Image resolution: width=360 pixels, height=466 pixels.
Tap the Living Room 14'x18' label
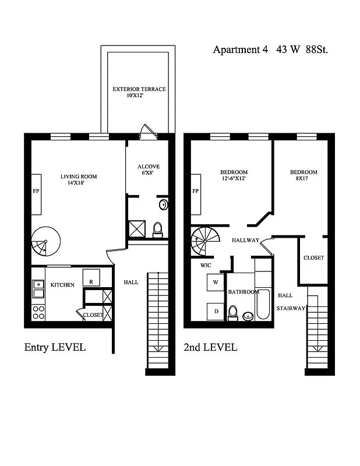(79, 179)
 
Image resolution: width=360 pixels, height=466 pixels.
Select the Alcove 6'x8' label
(148, 170)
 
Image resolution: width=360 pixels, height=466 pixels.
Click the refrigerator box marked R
(91, 277)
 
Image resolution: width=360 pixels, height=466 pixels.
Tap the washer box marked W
(215, 283)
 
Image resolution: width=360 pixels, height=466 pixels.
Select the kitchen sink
(38, 285)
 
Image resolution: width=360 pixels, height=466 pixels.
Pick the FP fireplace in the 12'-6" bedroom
(196, 191)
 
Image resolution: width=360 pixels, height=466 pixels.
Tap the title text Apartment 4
(240, 50)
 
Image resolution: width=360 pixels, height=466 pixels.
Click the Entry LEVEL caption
(55, 347)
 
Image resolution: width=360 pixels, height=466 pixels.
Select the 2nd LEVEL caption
(210, 347)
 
